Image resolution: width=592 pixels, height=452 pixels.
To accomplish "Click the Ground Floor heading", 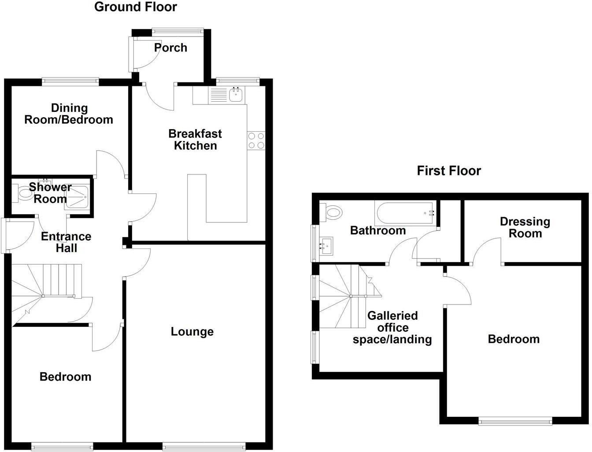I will point(136,7).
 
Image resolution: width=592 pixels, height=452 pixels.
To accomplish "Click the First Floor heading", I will point(448,170).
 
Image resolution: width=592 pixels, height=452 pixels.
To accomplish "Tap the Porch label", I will point(170,48).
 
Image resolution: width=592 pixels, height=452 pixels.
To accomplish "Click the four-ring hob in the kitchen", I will point(256,141).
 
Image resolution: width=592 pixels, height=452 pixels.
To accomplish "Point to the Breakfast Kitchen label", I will point(195,140).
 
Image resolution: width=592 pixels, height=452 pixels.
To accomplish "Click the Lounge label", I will point(192,332).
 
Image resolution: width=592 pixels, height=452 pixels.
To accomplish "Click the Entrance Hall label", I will point(66,242).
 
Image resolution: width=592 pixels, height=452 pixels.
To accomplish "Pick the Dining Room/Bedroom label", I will point(69,114).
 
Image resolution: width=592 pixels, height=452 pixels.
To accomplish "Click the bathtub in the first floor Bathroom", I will point(405,213).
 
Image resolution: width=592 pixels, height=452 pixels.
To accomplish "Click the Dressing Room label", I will point(525,227).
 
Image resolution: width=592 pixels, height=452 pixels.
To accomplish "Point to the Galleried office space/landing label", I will point(392,327).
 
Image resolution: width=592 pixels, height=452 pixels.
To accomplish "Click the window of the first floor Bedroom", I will point(515,422).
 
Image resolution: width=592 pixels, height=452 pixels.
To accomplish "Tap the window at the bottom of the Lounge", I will point(204,447).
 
